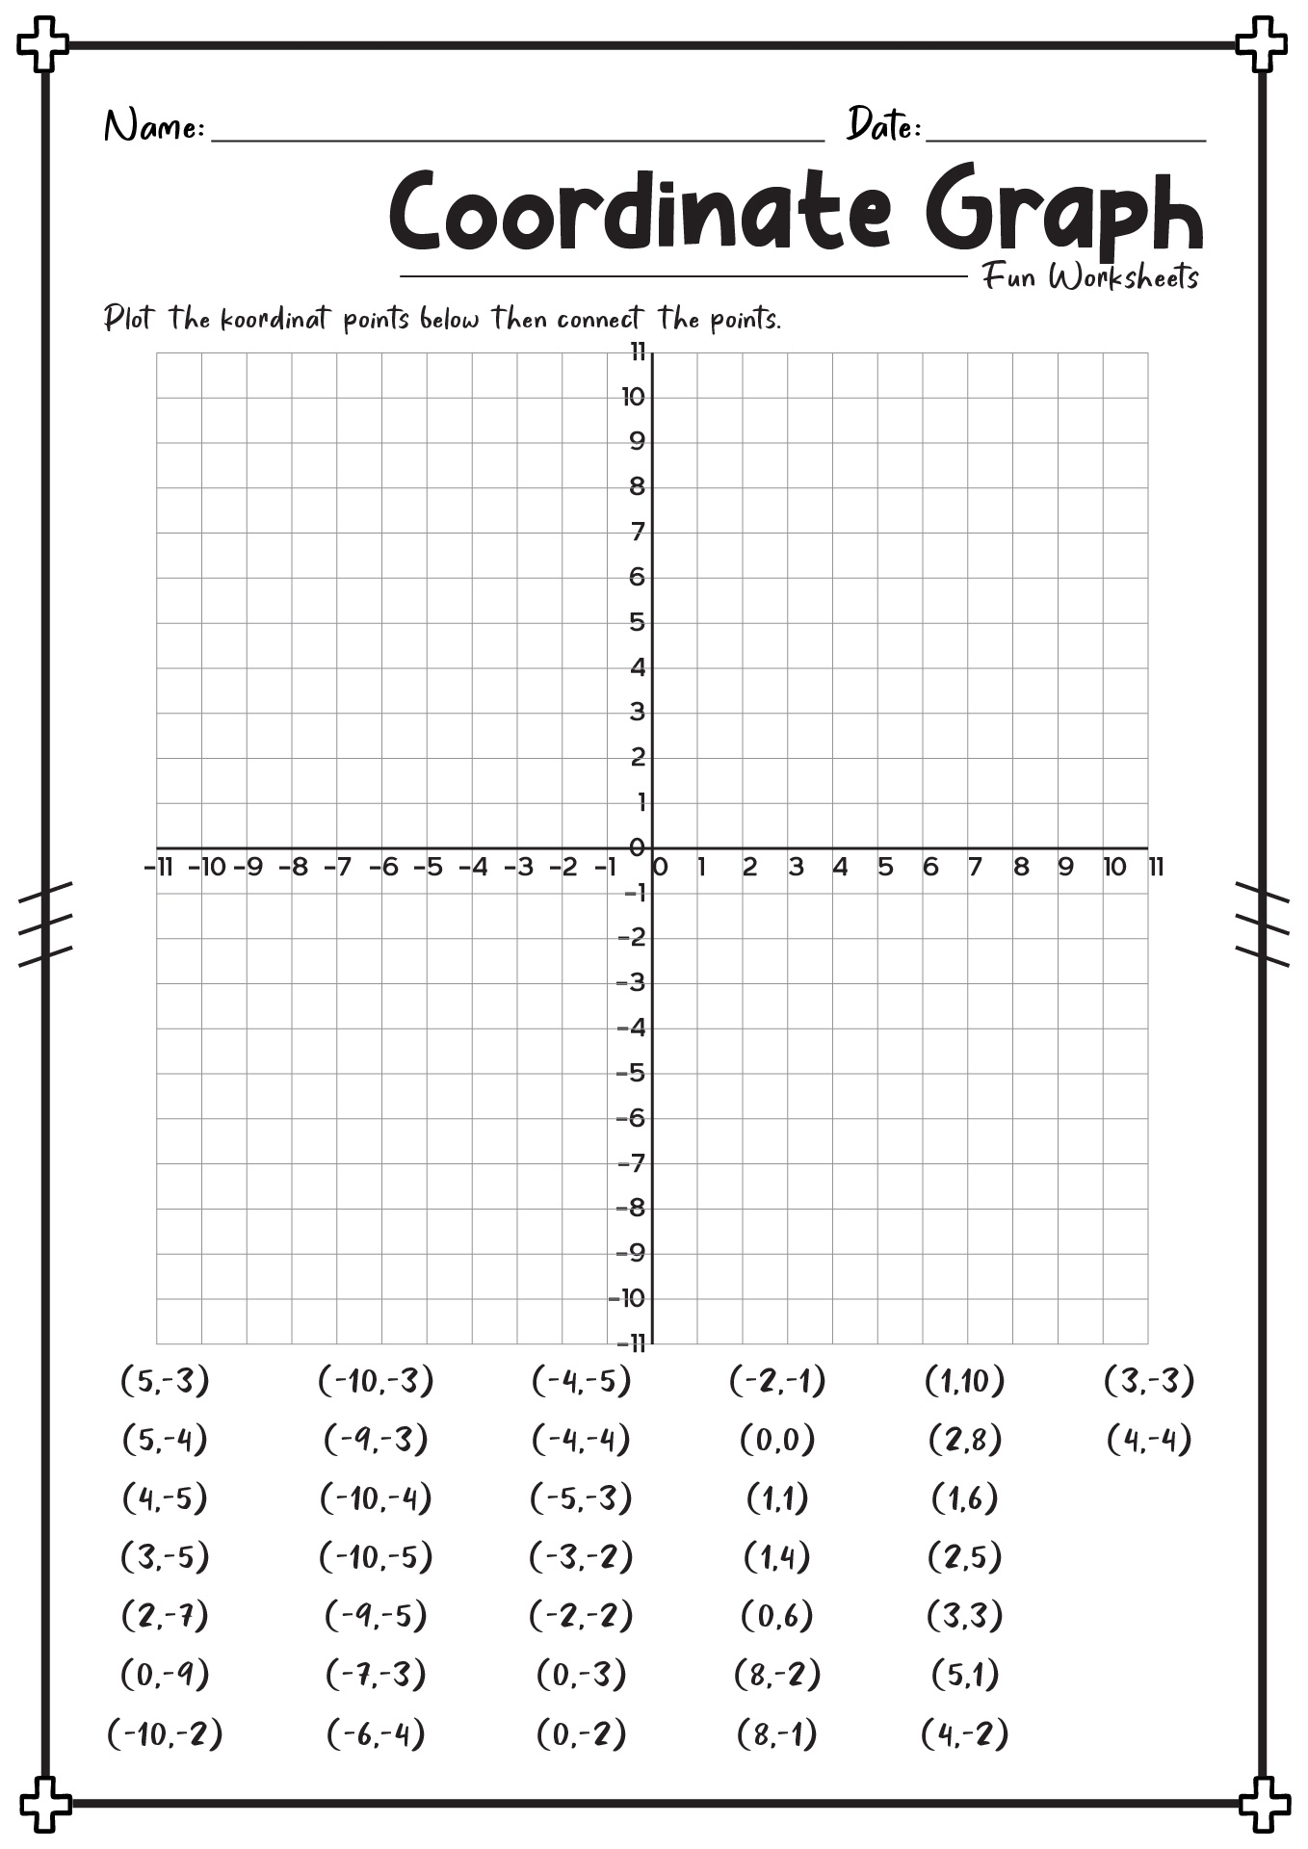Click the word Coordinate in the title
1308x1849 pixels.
click(x=640, y=211)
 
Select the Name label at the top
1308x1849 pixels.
click(x=153, y=127)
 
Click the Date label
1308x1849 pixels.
click(x=883, y=125)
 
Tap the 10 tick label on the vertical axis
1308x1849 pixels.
click(x=633, y=397)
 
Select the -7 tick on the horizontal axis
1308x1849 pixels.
click(x=337, y=868)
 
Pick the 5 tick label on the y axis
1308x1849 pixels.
click(x=637, y=622)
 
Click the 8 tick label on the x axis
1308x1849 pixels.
click(x=1020, y=868)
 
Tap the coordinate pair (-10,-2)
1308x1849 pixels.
click(x=165, y=1734)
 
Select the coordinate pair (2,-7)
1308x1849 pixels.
click(x=165, y=1616)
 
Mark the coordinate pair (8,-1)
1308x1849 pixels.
click(x=777, y=1734)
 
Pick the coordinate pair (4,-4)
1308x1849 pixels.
click(x=1148, y=1440)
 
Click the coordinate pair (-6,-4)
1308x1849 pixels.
click(x=376, y=1734)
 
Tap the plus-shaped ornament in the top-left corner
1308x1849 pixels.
click(x=43, y=44)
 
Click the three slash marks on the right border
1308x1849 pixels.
click(x=1262, y=923)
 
